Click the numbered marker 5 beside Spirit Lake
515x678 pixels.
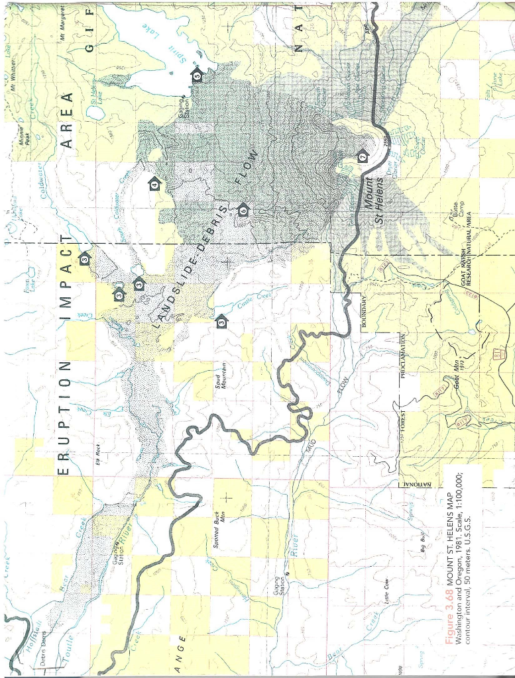tap(197, 75)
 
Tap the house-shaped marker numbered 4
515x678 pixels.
tap(154, 184)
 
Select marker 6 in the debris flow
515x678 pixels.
tap(243, 209)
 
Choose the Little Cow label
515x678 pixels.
tap(386, 589)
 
